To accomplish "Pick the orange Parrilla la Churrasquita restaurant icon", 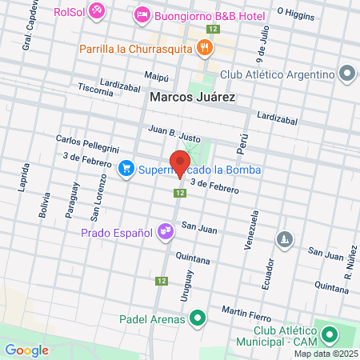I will (x=206, y=48).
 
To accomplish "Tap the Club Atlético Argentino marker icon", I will (x=346, y=74).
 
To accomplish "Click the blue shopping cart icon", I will (x=126, y=168).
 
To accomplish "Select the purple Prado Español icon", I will (x=166, y=233).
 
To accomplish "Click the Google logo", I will (x=26, y=350).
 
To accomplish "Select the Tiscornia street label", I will (x=96, y=91).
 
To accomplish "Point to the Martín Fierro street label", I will (x=243, y=310).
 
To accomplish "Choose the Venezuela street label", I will (x=255, y=230).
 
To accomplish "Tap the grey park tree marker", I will (x=285, y=239).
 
